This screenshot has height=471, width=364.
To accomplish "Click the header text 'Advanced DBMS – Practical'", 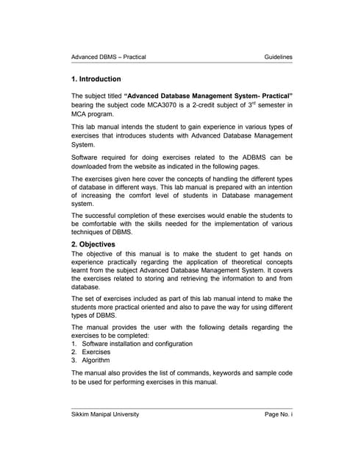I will [x=108, y=57].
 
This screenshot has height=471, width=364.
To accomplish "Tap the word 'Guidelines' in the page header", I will [x=278, y=57].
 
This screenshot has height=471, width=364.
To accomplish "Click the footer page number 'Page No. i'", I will [x=278, y=414].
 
